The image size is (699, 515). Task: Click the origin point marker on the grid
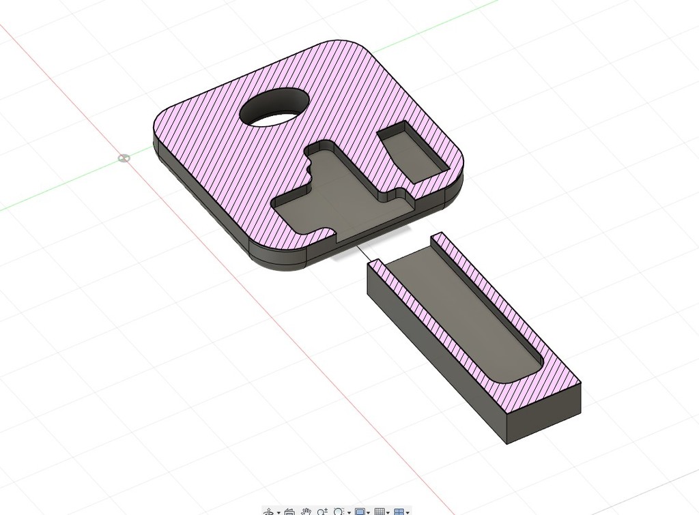tap(124, 158)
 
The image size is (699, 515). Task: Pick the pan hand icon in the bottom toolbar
tap(306, 511)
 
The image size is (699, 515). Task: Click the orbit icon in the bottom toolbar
tap(270, 511)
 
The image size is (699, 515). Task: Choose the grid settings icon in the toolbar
tap(380, 511)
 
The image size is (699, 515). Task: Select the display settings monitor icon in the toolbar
tap(360, 511)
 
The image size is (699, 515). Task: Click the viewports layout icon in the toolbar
tap(400, 511)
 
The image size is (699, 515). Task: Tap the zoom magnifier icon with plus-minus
tap(322, 511)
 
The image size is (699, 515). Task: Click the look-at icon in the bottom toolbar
tap(289, 511)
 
